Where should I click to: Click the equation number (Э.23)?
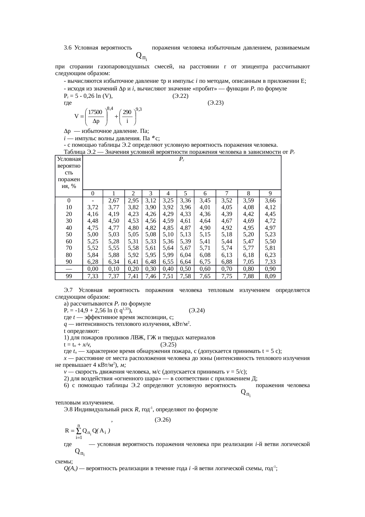pos(215,103)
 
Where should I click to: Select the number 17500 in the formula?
pos(95,112)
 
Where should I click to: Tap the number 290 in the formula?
pos(127,112)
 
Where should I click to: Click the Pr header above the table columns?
pos(182,159)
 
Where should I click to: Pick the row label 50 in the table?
pos(69,234)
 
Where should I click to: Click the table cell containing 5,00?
pos(93,234)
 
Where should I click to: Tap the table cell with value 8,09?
pos(270,276)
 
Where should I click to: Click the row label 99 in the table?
pos(69,276)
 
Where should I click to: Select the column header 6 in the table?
pos(205,194)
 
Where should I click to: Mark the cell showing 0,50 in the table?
pos(185,269)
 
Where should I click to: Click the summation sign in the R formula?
pos(79,431)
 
